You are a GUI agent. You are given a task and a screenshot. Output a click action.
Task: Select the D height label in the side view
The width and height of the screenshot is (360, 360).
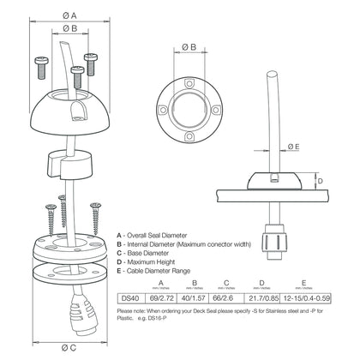[320, 181]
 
